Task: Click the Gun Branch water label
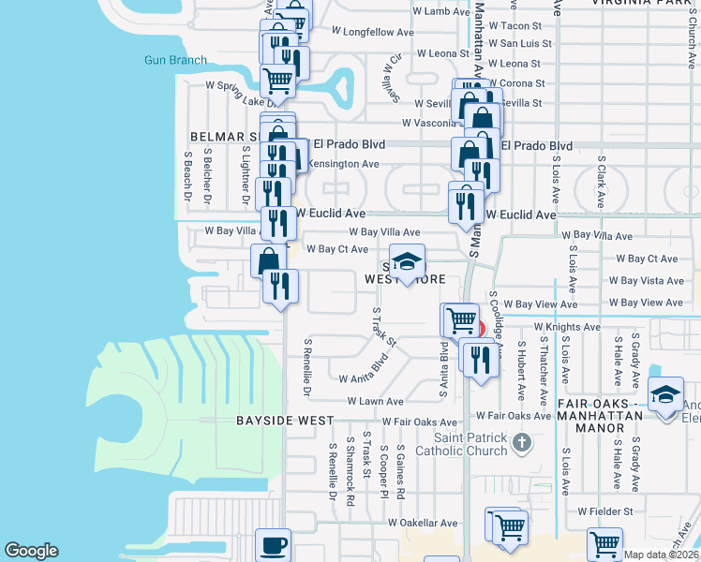(175, 60)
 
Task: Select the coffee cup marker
(274, 544)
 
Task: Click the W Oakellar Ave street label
(425, 524)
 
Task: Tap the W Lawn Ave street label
(375, 401)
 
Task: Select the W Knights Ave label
(567, 327)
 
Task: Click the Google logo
(31, 551)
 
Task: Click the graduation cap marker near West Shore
(407, 263)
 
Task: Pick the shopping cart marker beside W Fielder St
(604, 542)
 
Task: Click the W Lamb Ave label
(441, 11)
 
